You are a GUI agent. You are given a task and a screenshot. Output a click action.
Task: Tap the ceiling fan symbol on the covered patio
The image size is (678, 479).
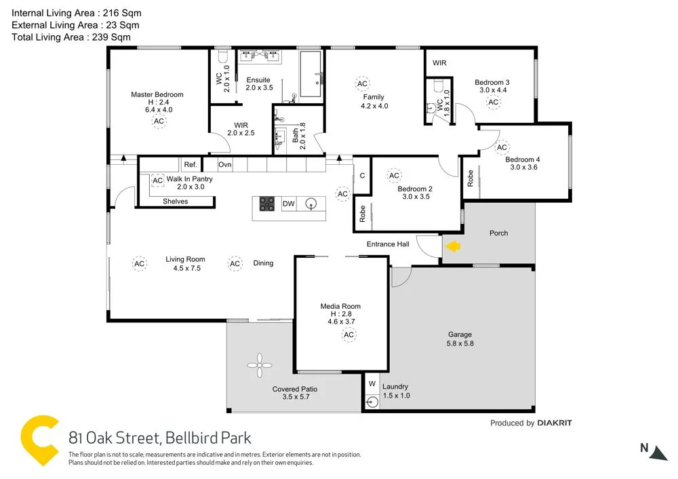259,366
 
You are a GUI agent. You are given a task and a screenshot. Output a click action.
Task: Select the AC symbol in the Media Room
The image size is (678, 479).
349,334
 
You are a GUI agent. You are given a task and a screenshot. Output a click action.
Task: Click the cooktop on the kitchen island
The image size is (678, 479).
266,204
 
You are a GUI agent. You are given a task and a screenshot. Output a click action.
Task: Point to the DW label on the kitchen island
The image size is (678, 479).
288,204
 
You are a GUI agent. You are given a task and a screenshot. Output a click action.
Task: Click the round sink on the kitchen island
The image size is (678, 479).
312,203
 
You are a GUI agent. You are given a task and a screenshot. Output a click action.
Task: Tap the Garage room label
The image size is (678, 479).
460,334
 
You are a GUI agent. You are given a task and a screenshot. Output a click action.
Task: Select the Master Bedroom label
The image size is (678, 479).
157,94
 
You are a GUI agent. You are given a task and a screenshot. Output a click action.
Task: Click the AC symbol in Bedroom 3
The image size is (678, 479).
493,102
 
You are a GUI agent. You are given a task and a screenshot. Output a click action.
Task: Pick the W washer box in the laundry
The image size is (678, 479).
372,383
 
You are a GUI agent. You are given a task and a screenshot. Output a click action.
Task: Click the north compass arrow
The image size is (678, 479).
657,453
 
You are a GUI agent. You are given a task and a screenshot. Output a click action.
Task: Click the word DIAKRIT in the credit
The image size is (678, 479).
554,423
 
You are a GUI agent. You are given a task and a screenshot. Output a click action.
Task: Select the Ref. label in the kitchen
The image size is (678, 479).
190,165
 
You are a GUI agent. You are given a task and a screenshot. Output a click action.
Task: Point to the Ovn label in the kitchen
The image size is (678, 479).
225,165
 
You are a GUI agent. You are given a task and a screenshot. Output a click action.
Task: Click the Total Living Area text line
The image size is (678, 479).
71,37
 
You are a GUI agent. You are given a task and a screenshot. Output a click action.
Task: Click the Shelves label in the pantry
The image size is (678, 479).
175,201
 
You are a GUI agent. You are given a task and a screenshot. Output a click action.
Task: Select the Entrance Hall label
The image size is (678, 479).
388,244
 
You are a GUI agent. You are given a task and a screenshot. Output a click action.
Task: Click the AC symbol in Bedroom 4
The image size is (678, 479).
502,147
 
